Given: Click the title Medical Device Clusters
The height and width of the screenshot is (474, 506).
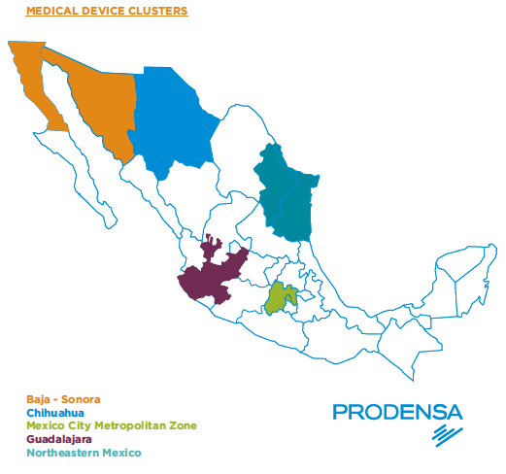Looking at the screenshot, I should tap(106, 13).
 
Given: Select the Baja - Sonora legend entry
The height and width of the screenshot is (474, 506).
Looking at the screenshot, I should tap(63, 398).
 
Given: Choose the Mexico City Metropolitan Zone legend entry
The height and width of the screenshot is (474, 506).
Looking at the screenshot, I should tap(112, 425).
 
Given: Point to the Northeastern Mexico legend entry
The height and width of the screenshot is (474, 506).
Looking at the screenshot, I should tap(84, 453).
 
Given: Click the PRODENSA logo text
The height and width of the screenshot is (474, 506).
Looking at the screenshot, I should tap(397, 412).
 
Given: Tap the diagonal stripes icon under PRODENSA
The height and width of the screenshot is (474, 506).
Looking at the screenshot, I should tap(447, 434).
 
